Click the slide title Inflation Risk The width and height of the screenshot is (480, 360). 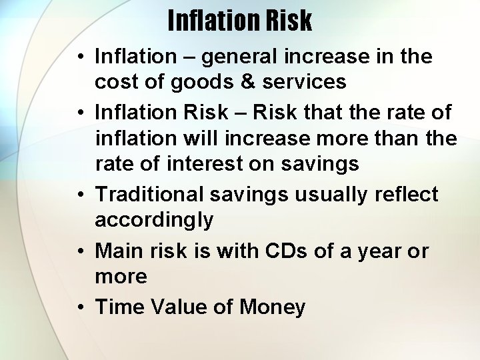click(239, 21)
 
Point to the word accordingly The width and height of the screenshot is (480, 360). click(154, 219)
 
